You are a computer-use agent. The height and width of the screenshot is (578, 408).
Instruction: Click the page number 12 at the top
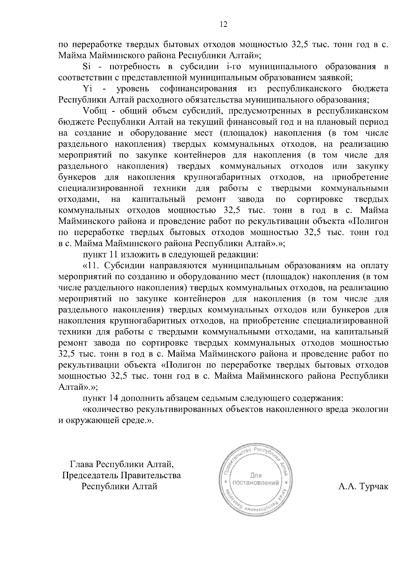(223, 24)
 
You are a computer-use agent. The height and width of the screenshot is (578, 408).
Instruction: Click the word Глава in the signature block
(82, 464)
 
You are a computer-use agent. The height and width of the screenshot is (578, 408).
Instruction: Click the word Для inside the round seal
(255, 476)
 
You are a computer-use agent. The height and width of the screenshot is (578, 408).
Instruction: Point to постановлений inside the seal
(255, 483)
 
